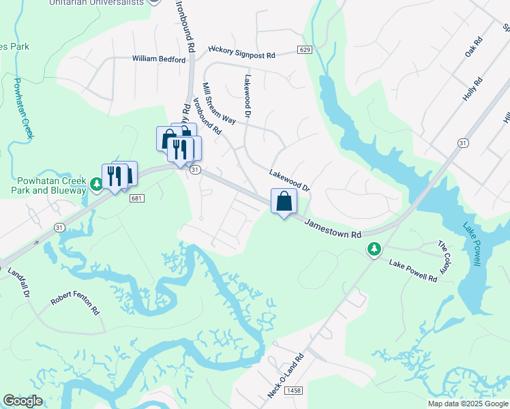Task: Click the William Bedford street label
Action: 160,60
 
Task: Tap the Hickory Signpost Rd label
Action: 241,52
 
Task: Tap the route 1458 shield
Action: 294,390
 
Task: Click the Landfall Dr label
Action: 20,282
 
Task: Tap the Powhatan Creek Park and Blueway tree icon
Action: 97,185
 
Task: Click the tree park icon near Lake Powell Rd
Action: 374,249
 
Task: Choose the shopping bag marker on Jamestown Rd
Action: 284,202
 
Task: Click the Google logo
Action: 22,401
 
